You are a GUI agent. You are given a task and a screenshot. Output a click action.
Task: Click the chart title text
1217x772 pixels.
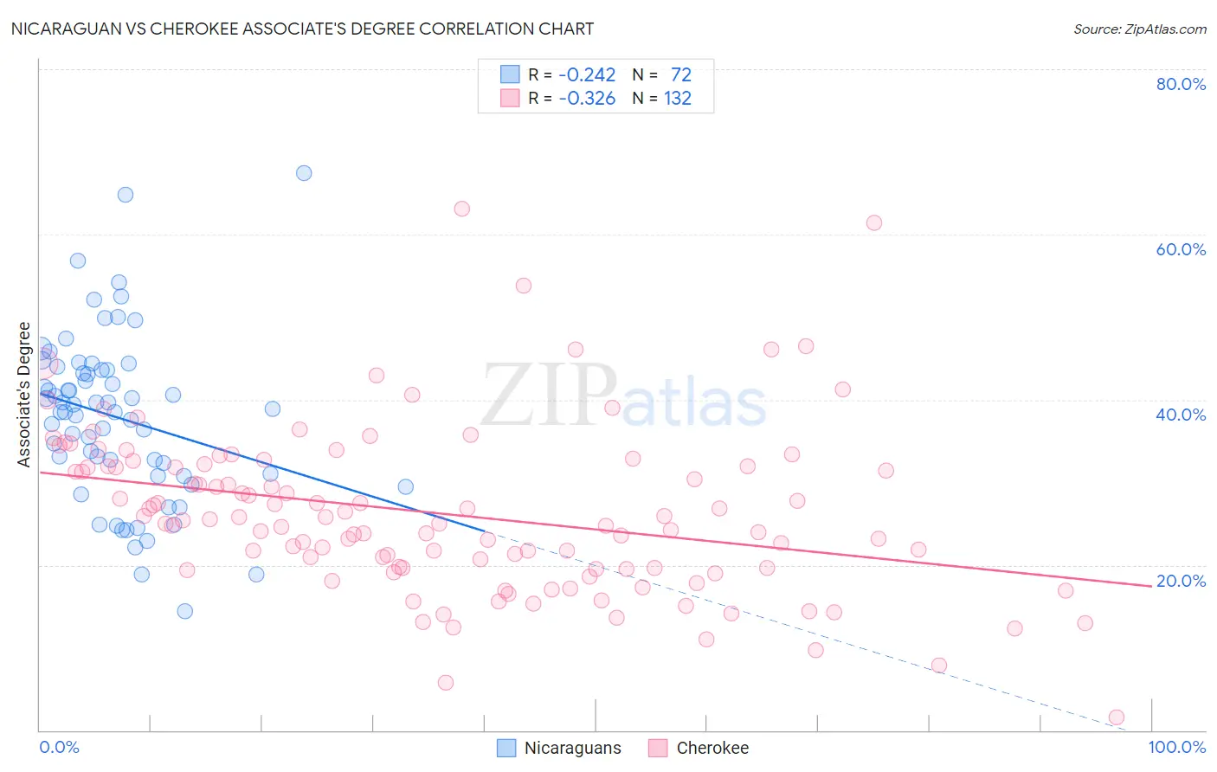[x=302, y=29]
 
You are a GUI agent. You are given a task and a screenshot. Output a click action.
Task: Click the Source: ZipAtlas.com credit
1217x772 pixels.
[x=1139, y=29]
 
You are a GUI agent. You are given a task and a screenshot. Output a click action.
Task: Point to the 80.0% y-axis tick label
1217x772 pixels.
[x=1181, y=84]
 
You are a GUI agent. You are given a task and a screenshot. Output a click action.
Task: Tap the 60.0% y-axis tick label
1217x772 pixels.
[x=1181, y=249]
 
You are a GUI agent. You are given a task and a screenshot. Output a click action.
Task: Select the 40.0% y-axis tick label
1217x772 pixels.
[x=1181, y=415]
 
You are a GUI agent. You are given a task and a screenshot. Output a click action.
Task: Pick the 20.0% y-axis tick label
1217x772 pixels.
[x=1181, y=581]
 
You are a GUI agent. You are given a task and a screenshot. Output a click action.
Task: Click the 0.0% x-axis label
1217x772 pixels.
[x=59, y=747]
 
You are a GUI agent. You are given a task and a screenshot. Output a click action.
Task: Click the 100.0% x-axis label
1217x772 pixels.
[x=1176, y=747]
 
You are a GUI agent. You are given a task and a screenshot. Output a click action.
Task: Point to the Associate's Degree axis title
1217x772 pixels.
[x=24, y=395]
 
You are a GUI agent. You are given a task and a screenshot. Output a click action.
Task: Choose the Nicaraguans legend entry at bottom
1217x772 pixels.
[x=559, y=748]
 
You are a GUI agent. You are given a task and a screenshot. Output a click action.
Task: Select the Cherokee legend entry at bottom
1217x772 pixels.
[x=699, y=748]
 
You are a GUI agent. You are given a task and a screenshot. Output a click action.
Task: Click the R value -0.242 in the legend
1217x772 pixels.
[x=587, y=75]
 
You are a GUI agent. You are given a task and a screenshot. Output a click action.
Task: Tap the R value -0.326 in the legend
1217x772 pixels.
[x=587, y=99]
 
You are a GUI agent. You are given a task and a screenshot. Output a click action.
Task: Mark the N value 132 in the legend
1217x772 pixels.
[x=678, y=99]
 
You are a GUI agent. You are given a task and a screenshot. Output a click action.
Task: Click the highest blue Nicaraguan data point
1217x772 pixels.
[x=304, y=173]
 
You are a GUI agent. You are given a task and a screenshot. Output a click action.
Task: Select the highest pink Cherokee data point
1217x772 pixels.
[x=462, y=209]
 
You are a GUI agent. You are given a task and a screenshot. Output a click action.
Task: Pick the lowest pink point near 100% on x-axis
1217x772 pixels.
[x=1117, y=717]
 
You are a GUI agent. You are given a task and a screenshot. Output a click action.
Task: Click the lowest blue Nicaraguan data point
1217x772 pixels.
[x=184, y=611]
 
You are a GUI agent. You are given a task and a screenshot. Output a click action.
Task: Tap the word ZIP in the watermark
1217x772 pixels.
[x=549, y=396]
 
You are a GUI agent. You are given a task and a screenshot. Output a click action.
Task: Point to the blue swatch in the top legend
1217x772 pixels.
[x=510, y=75]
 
